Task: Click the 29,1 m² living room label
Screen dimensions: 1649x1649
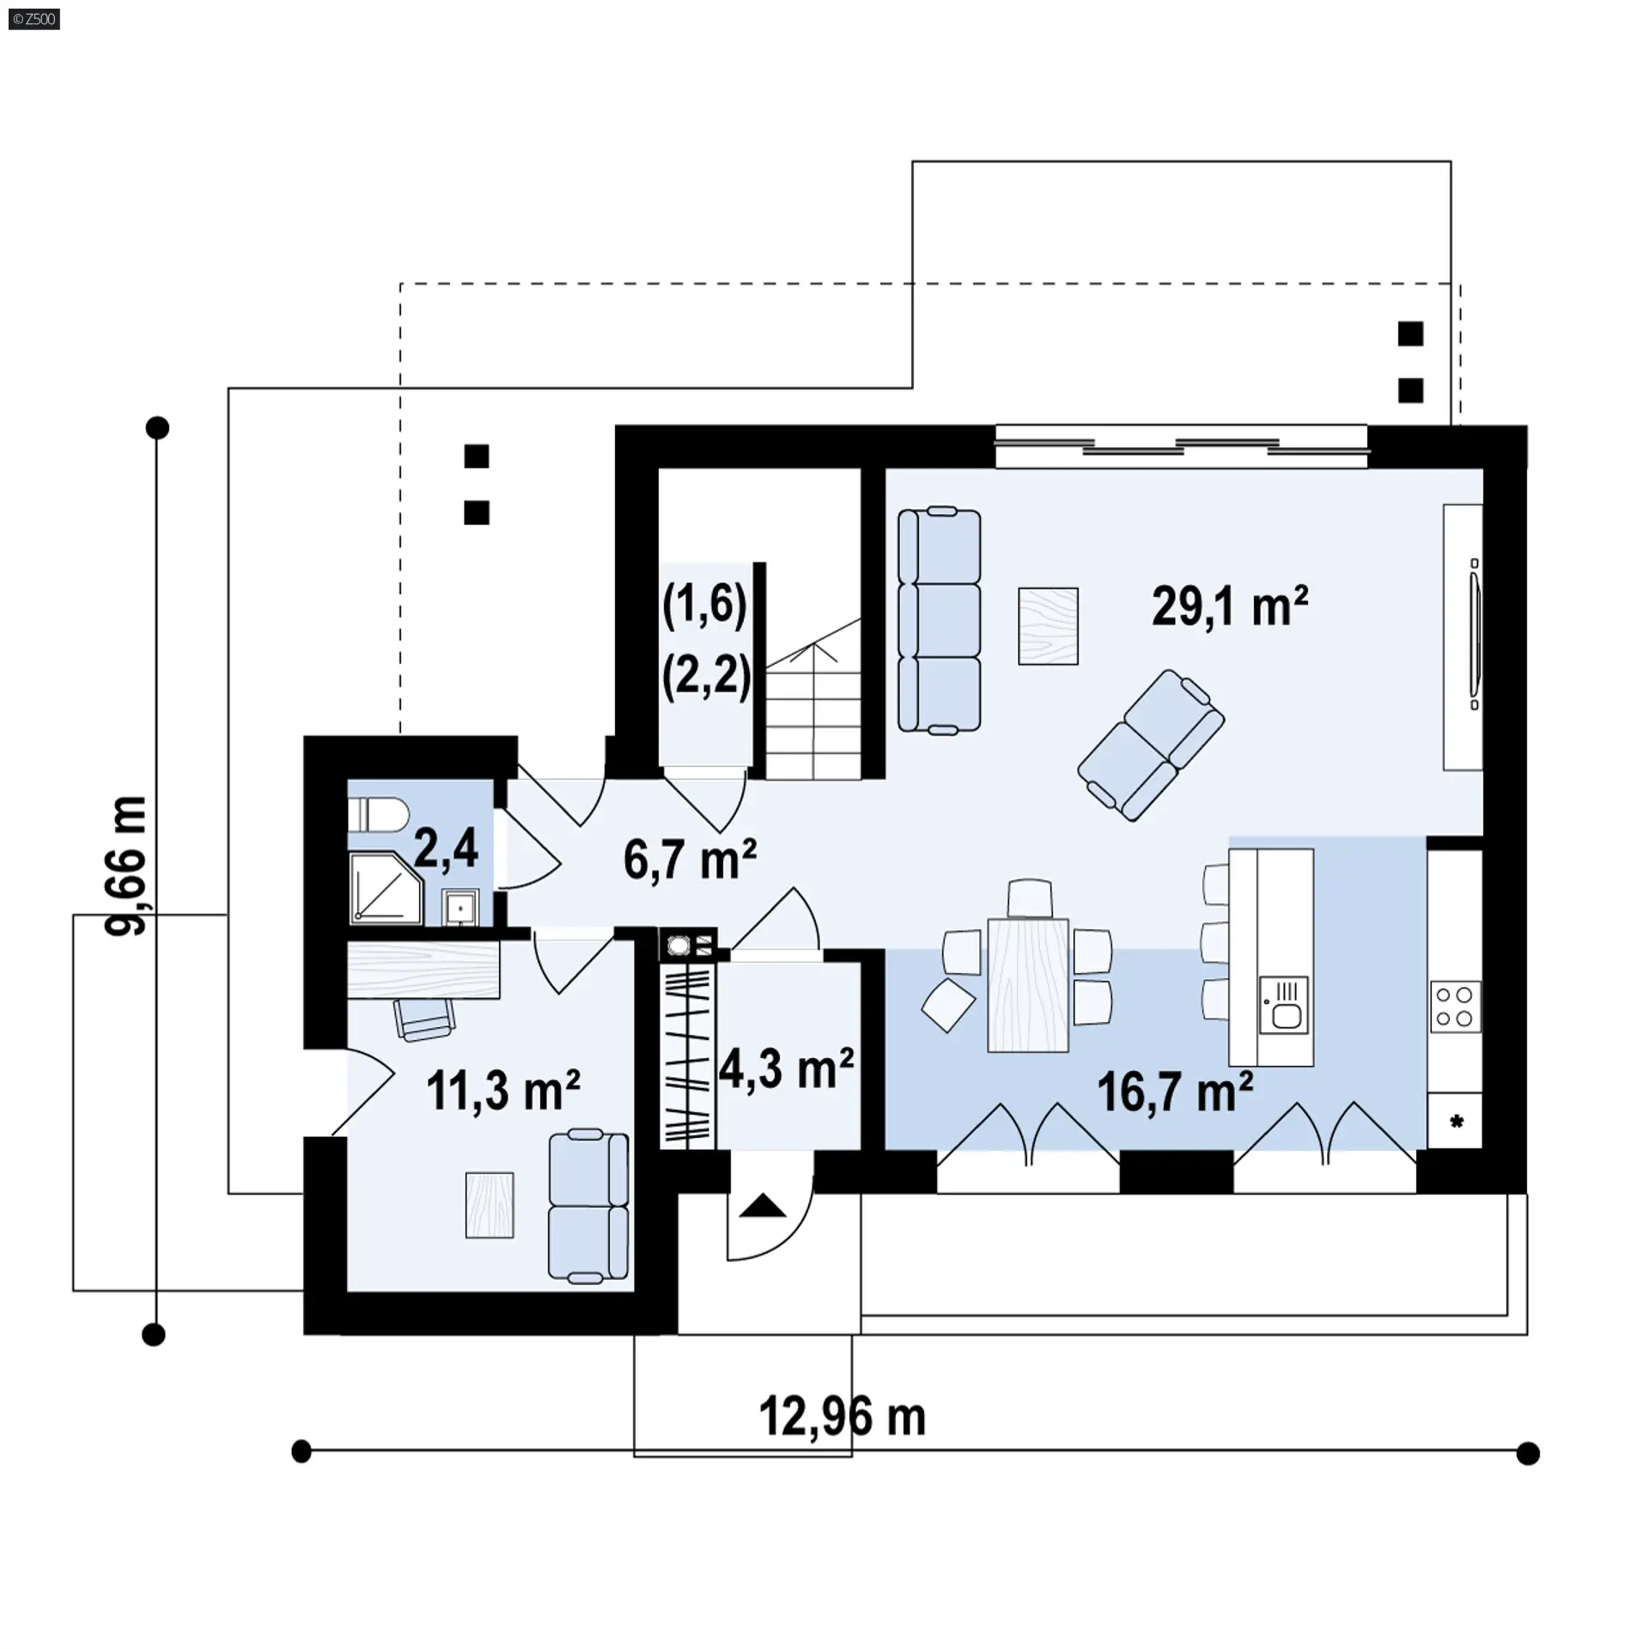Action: pos(1230,606)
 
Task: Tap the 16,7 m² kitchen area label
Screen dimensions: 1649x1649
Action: pos(1175,1092)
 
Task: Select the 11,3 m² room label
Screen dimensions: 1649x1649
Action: pos(503,1090)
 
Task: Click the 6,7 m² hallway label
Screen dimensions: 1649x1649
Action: pos(690,860)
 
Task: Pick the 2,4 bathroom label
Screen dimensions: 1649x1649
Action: pos(446,848)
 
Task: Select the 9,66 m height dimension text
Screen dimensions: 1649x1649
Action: pos(125,866)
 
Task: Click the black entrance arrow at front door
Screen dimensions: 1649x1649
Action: pos(763,1207)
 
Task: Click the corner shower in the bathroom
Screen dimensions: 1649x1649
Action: pos(386,888)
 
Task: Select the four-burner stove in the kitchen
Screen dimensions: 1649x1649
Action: pos(1455,1007)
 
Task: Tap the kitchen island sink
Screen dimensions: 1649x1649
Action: pos(1284,1004)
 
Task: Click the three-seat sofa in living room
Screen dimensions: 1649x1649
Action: pos(940,620)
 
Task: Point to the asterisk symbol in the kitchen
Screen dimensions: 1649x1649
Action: pos(1456,1122)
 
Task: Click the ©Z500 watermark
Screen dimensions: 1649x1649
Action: pos(34,19)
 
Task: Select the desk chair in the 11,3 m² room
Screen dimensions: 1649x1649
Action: pos(423,1019)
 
